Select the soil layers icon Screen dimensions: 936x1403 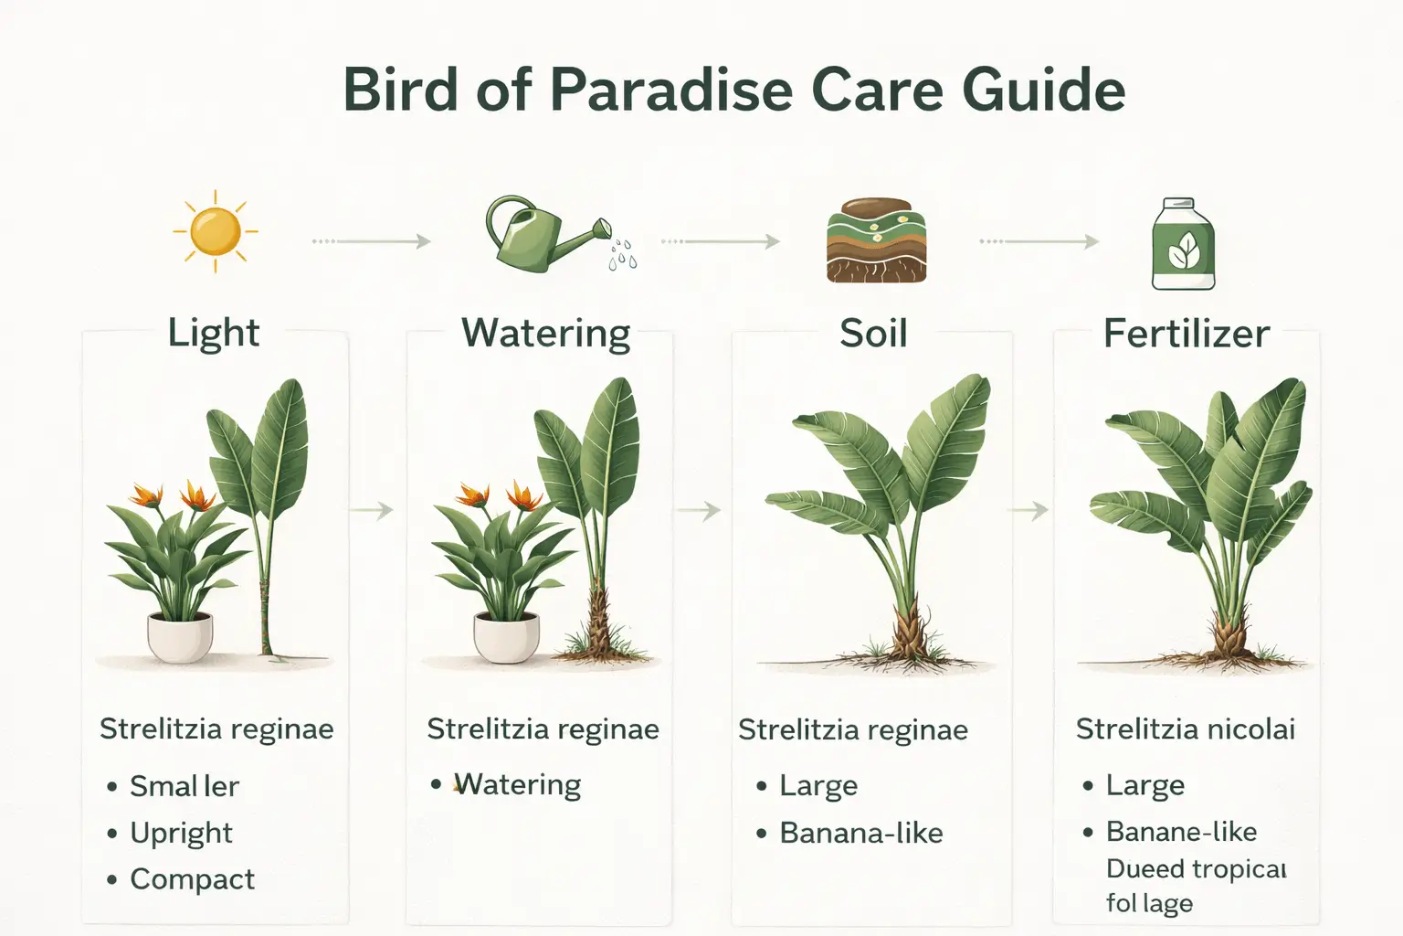[x=876, y=240]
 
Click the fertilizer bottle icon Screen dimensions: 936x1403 [x=1183, y=245]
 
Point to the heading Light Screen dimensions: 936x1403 [x=214, y=334]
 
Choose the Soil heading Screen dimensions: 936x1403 [x=873, y=334]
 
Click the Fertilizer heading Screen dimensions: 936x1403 [x=1186, y=334]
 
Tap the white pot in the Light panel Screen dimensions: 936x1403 [x=180, y=636]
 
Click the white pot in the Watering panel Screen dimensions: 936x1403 [x=506, y=636]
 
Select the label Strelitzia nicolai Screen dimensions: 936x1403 [x=1185, y=729]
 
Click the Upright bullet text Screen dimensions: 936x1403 [x=181, y=833]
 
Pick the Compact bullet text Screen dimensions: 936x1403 [x=192, y=879]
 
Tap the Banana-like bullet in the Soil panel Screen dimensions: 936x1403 [x=860, y=834]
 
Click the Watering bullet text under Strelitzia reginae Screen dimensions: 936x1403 [x=517, y=785]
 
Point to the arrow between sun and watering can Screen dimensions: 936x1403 [x=371, y=241]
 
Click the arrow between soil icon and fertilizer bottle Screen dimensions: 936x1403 [x=1039, y=241]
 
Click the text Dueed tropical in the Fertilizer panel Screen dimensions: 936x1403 [x=1196, y=868]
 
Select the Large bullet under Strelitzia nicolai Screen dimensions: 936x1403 [x=1145, y=785]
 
